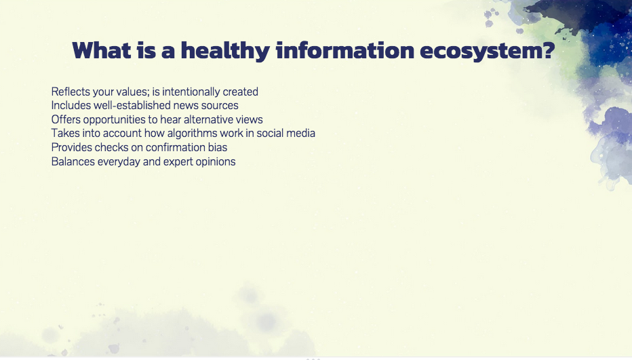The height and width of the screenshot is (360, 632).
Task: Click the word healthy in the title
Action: click(225, 51)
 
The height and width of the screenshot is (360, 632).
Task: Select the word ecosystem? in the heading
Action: click(488, 51)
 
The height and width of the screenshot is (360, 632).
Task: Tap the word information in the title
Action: click(345, 50)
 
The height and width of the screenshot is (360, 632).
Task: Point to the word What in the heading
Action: click(102, 50)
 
